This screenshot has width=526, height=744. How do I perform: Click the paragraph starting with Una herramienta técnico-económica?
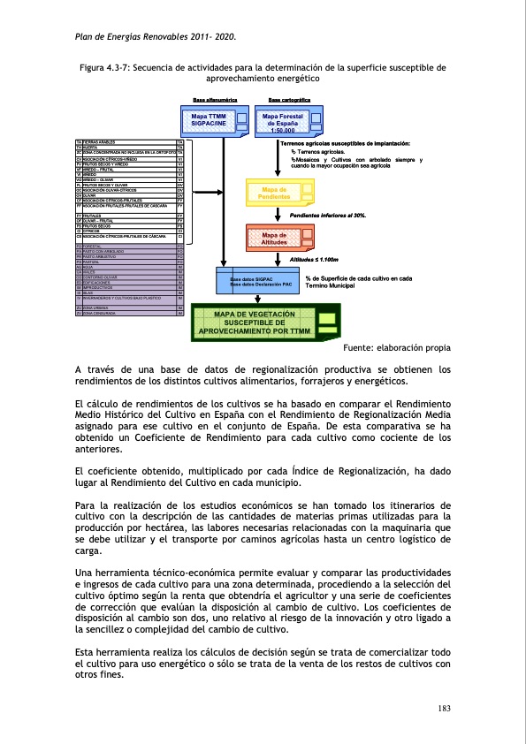click(263, 608)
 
